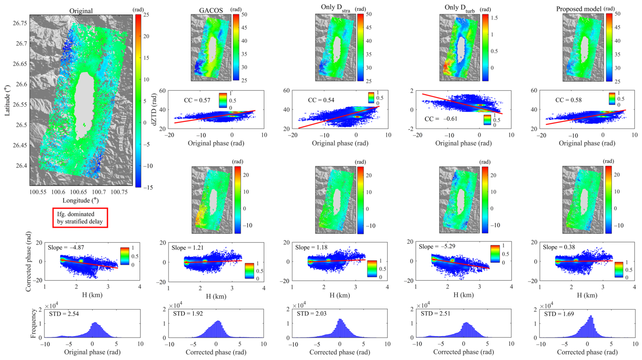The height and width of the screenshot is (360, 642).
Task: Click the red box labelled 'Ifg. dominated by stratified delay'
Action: [x=80, y=218]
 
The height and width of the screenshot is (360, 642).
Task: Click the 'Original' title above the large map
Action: [x=81, y=11]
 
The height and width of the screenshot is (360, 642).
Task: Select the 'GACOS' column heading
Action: [x=211, y=10]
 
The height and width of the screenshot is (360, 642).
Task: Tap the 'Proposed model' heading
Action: [x=579, y=9]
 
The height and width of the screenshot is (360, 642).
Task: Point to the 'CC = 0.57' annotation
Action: [x=197, y=100]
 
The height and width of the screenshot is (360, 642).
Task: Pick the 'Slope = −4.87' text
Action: [x=66, y=248]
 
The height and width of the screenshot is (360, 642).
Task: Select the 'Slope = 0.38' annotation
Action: [x=559, y=247]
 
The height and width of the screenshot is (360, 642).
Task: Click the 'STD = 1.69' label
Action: [x=559, y=314]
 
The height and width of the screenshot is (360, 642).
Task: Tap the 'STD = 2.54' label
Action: [x=64, y=314]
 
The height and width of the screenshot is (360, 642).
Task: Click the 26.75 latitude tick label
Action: [x=20, y=23]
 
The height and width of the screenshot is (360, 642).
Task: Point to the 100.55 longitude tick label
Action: [x=38, y=192]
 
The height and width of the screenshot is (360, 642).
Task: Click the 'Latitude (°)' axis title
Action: [x=7, y=100]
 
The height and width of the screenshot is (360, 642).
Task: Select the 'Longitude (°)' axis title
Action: [x=81, y=200]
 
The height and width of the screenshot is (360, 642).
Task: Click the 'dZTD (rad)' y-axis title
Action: [x=155, y=109]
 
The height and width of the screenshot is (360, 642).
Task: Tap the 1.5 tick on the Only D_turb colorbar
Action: [x=494, y=18]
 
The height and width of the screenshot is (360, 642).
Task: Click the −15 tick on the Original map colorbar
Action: [x=148, y=188]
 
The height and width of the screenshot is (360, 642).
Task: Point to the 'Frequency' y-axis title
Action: [x=33, y=324]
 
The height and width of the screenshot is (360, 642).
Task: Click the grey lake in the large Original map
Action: [x=84, y=105]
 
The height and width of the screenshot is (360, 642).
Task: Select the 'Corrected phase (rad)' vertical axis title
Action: [x=28, y=261]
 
